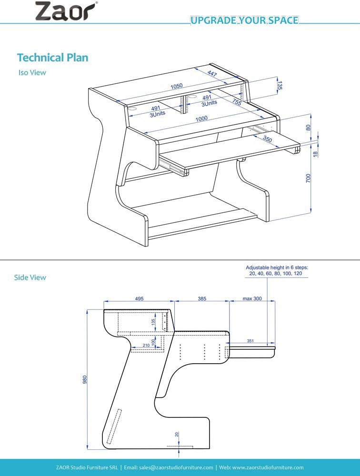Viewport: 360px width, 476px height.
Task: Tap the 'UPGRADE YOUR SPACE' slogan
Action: click(244, 20)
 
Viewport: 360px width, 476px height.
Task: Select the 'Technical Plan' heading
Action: click(52, 58)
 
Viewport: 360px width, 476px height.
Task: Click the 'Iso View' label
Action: click(32, 73)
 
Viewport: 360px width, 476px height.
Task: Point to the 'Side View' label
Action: click(30, 277)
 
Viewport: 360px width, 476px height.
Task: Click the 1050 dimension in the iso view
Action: click(177, 86)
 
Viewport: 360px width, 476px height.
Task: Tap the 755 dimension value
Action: click(236, 101)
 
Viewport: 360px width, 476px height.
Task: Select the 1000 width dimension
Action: click(201, 119)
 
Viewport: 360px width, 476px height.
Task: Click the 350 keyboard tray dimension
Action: click(268, 139)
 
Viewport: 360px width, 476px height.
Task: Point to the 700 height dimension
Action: click(308, 178)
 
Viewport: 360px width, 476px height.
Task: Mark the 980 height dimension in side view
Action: click(85, 379)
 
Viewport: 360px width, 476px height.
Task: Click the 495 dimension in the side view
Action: click(139, 298)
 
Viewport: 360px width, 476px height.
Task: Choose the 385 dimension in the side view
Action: click(202, 298)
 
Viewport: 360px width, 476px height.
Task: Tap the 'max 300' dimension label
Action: click(252, 298)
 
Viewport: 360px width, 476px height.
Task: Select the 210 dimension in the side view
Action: click(146, 345)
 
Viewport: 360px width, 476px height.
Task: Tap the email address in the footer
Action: click(169, 467)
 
